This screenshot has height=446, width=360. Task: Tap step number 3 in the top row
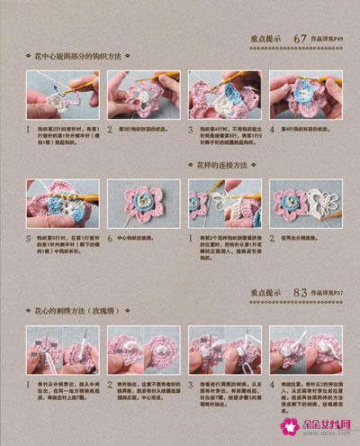[192, 129]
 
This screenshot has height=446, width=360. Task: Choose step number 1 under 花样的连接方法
[192, 237]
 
